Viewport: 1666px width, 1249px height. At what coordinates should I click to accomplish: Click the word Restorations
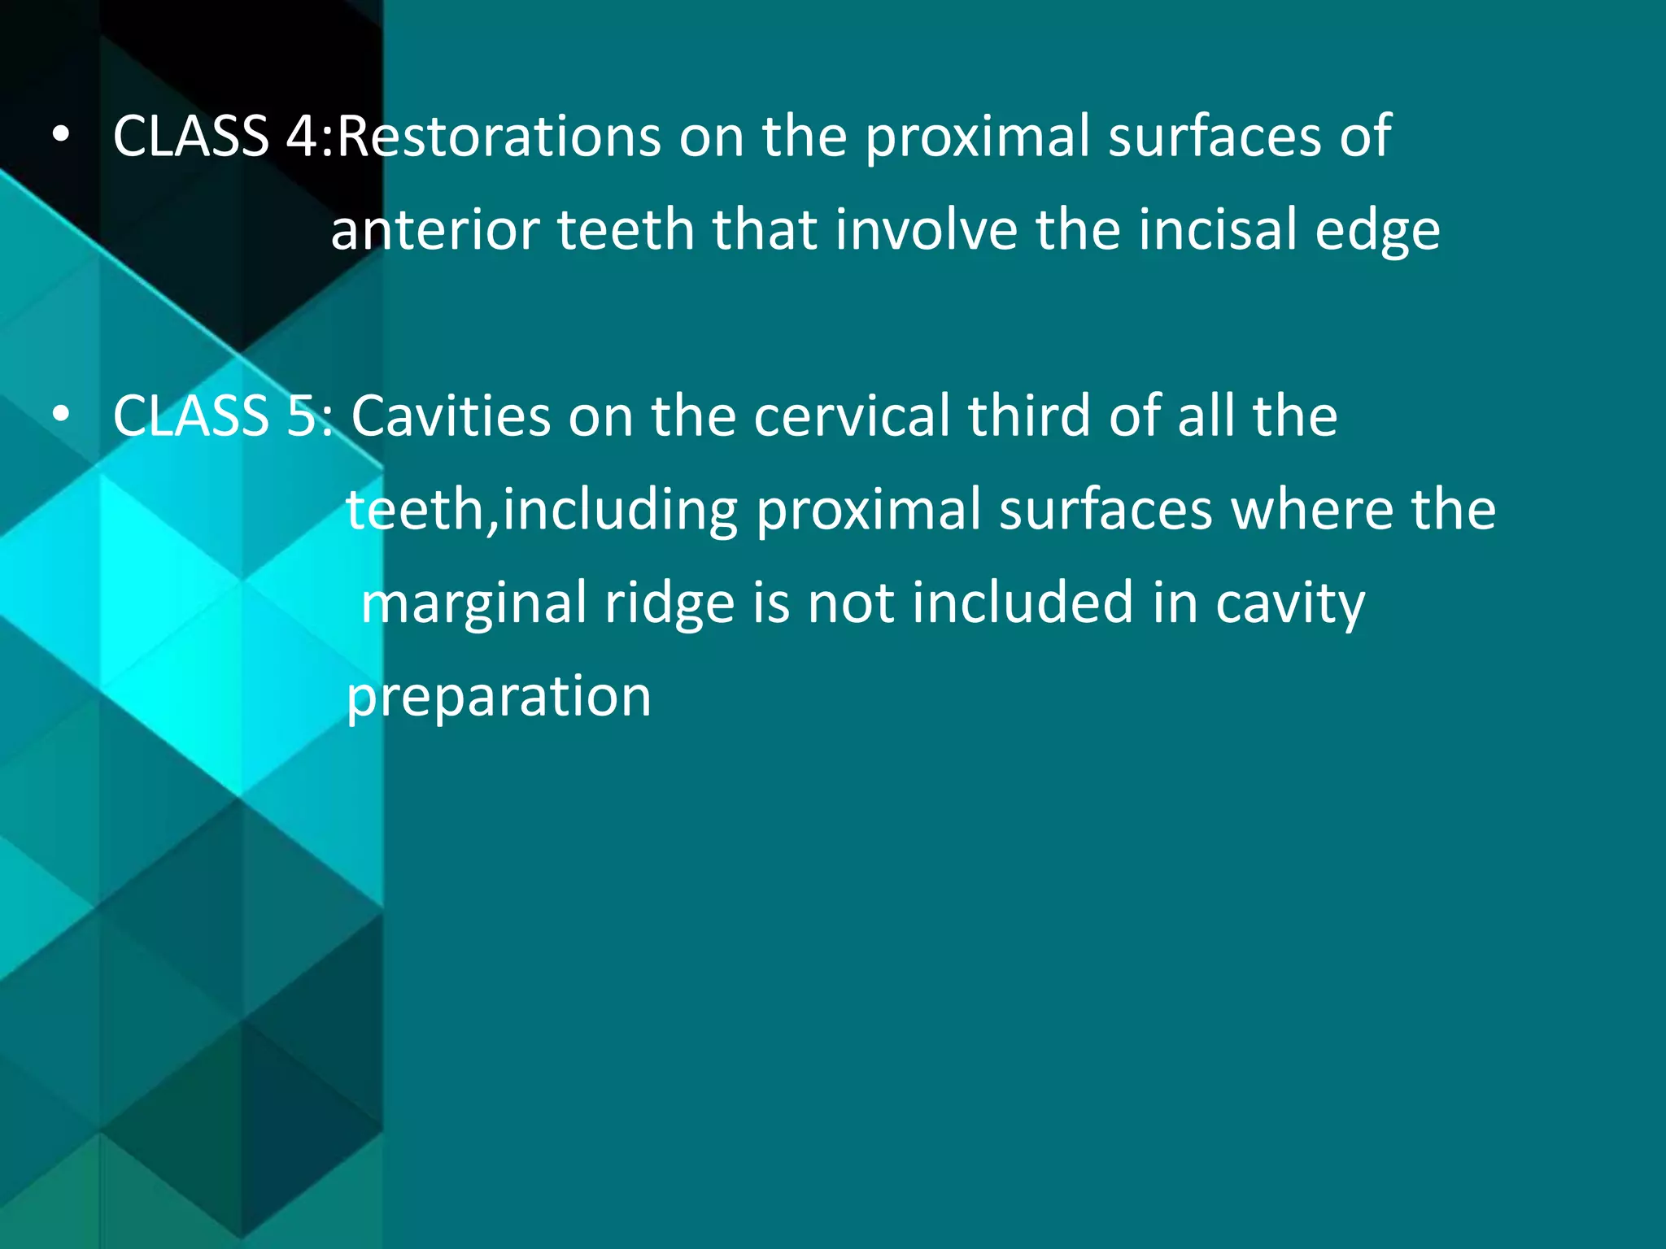click(499, 136)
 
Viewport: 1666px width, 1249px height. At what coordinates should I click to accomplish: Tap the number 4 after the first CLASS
click(303, 136)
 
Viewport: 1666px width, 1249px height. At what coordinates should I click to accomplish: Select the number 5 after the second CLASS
click(303, 416)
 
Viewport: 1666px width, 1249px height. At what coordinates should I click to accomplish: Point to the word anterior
click(435, 229)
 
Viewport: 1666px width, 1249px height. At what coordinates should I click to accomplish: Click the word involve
click(926, 229)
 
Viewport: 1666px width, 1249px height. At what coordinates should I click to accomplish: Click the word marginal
click(474, 604)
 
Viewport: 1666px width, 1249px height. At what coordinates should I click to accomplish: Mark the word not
click(849, 604)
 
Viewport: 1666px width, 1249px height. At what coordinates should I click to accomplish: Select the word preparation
click(499, 698)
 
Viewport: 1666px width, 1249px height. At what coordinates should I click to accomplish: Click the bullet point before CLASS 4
click(60, 137)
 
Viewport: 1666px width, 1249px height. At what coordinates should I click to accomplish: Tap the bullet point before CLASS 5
click(60, 417)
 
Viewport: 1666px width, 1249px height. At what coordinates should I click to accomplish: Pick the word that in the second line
click(765, 229)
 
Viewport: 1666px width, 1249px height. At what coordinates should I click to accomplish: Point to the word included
click(1023, 603)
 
